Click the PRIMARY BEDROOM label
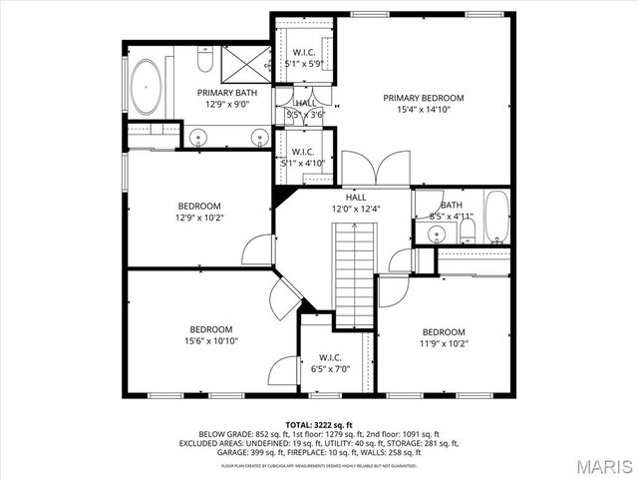(x=424, y=98)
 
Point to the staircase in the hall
(x=354, y=274)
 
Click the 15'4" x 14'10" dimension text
(x=424, y=110)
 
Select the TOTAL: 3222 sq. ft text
(x=319, y=425)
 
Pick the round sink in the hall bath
(x=436, y=235)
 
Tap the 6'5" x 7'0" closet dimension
(x=330, y=369)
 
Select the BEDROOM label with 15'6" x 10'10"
(x=211, y=329)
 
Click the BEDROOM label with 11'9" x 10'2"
(x=443, y=332)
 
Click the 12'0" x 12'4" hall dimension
(x=356, y=209)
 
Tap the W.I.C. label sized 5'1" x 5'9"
(x=304, y=53)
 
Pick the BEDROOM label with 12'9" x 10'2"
(x=199, y=206)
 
